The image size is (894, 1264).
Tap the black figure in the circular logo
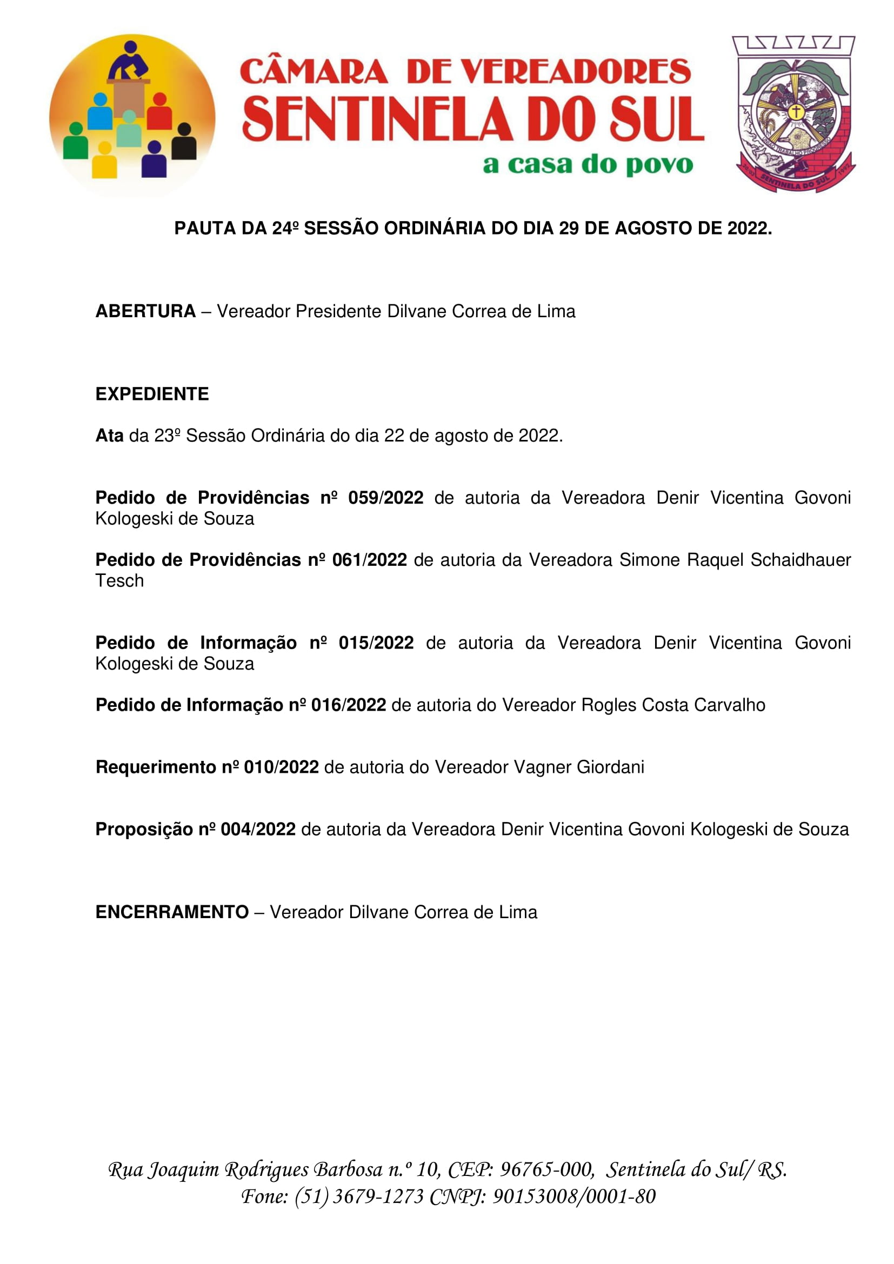tap(184, 143)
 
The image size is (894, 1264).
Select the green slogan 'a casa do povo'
tap(588, 165)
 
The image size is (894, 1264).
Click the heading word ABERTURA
tap(145, 312)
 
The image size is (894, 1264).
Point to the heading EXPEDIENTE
tap(152, 394)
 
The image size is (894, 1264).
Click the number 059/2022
tap(385, 498)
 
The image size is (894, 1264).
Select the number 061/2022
tap(369, 560)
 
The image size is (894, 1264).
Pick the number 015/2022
tap(376, 643)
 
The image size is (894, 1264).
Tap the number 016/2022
tap(349, 705)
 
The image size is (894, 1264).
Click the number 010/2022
tap(281, 767)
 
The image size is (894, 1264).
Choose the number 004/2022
tap(258, 830)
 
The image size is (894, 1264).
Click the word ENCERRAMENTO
tap(172, 912)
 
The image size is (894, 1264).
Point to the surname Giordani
tap(610, 767)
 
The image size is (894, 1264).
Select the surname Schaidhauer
tap(800, 560)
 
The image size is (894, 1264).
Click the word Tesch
tap(119, 581)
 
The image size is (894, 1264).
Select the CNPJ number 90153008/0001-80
tap(573, 1196)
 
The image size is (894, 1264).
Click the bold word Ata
tap(109, 436)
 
